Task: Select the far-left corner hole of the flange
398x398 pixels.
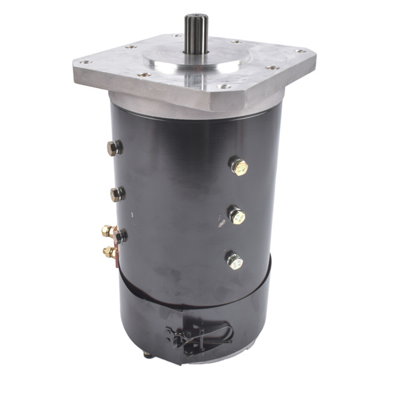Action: pos(83,62)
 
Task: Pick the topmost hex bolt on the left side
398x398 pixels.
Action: pos(115,148)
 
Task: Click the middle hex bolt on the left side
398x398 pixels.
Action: pos(117,194)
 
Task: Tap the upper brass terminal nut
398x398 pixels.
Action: pos(106,232)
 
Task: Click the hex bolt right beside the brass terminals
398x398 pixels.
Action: pos(119,235)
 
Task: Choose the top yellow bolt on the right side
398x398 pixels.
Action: pos(238,165)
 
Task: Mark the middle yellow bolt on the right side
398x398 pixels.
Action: pos(236,215)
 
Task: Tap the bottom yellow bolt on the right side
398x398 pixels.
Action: pos(234,260)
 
